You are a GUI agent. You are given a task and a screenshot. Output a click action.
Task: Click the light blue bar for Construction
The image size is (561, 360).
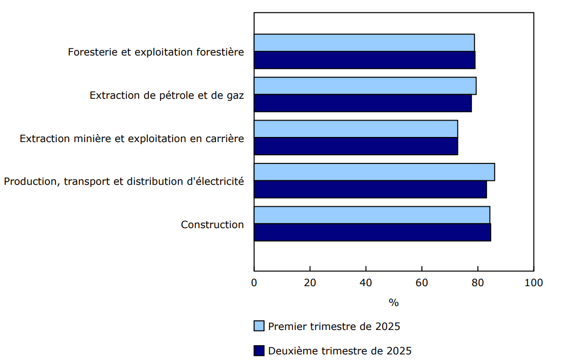(372, 215)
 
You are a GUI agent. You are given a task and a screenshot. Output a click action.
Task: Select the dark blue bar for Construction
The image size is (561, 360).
(372, 232)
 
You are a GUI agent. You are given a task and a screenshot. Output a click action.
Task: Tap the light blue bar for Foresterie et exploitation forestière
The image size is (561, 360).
(364, 43)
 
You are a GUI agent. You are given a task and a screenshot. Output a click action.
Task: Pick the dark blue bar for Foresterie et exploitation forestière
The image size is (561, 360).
(365, 60)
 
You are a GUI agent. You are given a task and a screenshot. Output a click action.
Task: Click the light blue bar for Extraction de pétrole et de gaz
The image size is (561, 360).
(365, 86)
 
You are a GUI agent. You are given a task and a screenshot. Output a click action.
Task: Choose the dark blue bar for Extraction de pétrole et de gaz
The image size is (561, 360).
(363, 103)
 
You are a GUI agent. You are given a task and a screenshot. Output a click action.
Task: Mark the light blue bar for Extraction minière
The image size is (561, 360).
(356, 129)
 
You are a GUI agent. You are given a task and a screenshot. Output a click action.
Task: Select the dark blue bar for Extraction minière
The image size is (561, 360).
(356, 146)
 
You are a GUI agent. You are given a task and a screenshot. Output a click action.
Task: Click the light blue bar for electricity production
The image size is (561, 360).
(375, 172)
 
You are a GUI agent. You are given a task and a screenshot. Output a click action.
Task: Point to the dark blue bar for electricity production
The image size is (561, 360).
(370, 189)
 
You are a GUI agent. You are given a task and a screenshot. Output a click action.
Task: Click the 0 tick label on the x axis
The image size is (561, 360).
(254, 283)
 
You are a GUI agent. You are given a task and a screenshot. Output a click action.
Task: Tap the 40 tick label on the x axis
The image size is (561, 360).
(366, 283)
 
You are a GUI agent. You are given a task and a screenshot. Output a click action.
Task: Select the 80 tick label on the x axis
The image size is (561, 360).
(477, 283)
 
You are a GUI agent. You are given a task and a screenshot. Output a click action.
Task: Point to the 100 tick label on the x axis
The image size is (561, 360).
(533, 283)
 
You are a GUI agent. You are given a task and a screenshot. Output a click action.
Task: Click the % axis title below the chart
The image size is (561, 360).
(393, 302)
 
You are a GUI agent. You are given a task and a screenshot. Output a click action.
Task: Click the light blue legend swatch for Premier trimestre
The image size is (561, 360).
(259, 326)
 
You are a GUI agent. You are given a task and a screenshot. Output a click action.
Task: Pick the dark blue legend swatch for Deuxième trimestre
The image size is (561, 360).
(259, 351)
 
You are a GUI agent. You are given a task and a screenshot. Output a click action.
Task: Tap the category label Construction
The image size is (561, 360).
(212, 225)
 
